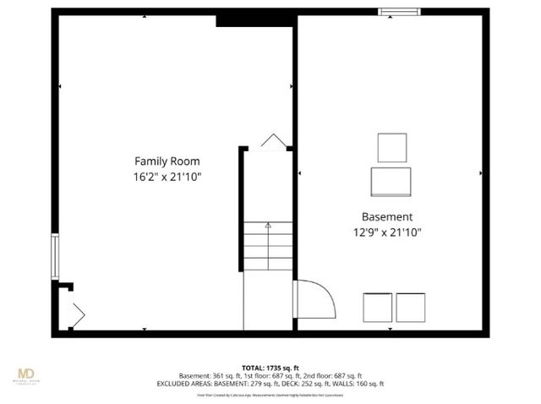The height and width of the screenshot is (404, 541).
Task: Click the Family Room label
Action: [167, 161]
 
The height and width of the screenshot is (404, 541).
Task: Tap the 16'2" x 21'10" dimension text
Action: [167, 177]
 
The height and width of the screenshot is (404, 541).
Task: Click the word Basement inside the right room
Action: [387, 216]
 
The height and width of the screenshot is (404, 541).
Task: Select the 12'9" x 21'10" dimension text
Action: [387, 232]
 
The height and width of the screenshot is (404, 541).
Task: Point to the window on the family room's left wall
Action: [55, 257]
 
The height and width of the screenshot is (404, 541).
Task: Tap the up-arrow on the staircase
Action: [268, 226]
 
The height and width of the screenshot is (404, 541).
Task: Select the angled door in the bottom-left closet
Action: [77, 314]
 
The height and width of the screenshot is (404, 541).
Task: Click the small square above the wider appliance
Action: [391, 148]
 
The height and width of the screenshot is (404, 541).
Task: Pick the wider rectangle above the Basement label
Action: [391, 181]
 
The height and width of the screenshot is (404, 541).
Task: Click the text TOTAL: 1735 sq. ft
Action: [270, 368]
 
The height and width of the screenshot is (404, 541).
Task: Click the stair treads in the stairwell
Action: [268, 245]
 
